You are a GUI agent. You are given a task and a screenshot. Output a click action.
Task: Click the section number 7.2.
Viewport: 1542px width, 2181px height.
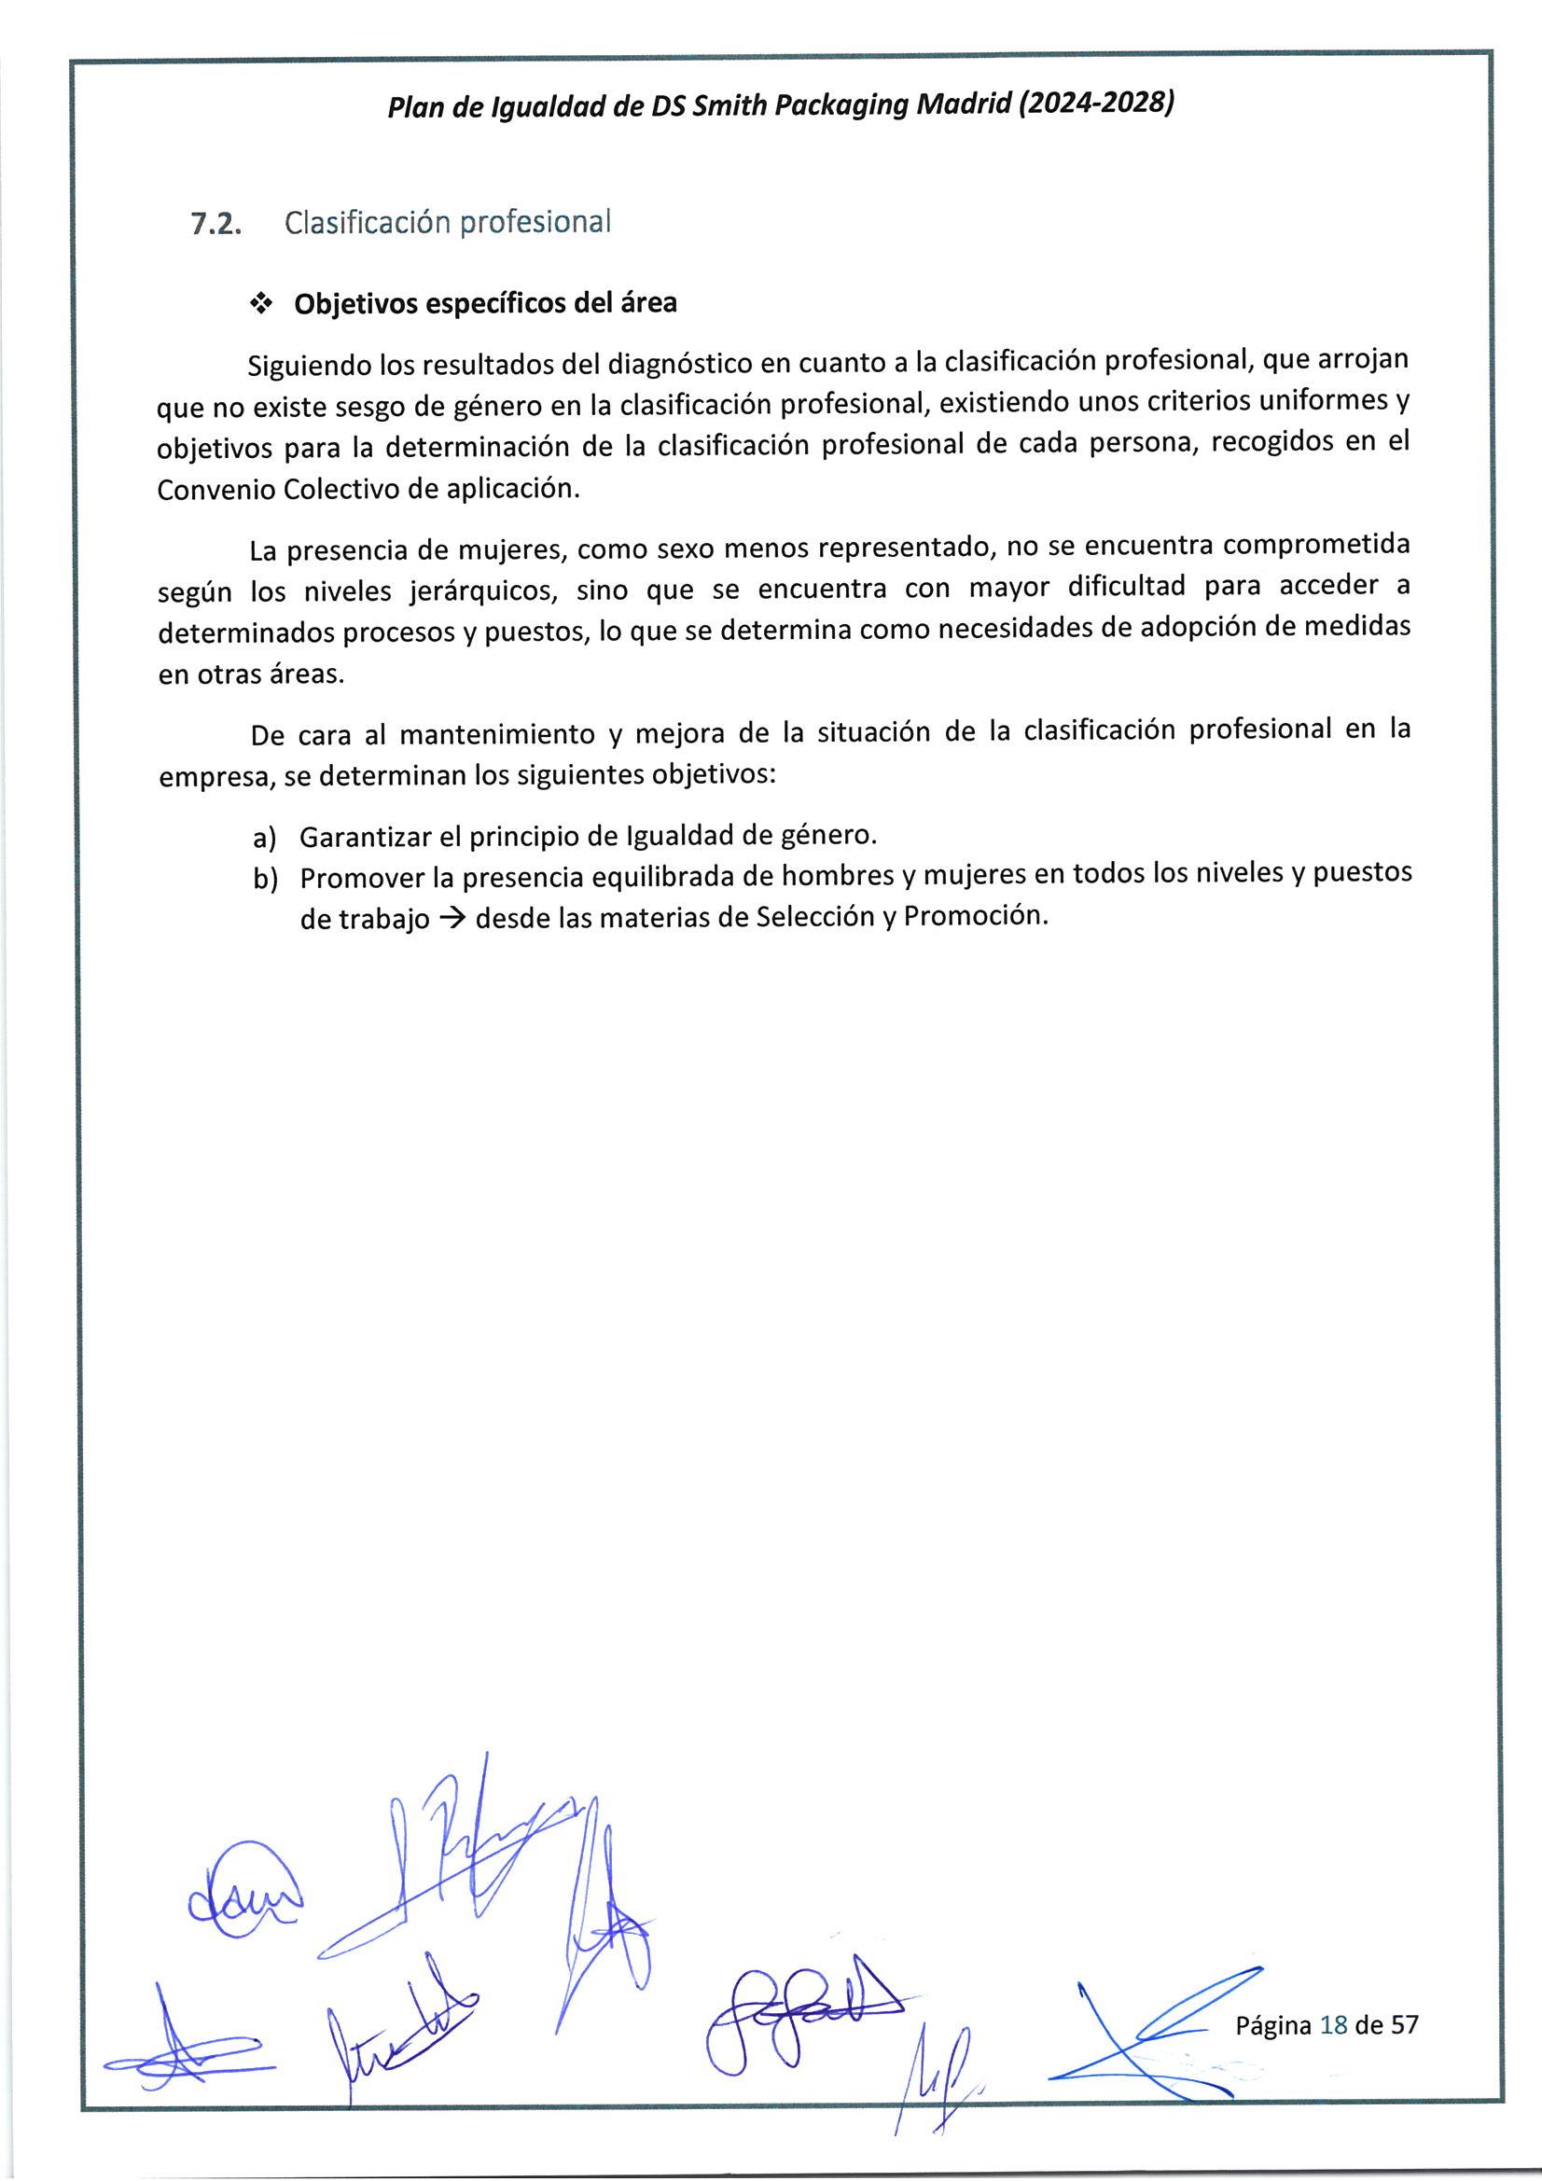point(215,224)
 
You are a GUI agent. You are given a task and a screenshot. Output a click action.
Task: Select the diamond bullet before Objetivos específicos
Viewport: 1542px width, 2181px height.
point(259,304)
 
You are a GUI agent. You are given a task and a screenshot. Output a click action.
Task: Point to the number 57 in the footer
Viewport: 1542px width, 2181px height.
point(1404,2024)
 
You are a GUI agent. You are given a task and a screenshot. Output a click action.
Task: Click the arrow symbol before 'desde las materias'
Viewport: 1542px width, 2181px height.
point(453,919)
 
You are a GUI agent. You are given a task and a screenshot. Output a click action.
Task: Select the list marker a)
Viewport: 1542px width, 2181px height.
point(265,838)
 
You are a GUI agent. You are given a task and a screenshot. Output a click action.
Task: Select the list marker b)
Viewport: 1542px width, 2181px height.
point(265,879)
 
